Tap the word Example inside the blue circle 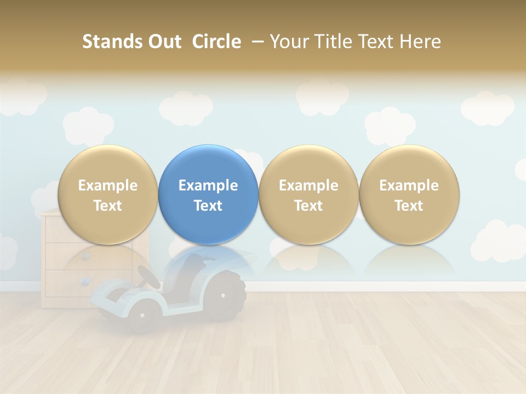[208, 186]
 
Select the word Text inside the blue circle [208, 206]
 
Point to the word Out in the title [163, 42]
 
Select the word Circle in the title [216, 42]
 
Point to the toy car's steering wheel [148, 277]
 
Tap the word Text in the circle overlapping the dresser [108, 206]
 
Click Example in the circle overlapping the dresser [108, 186]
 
